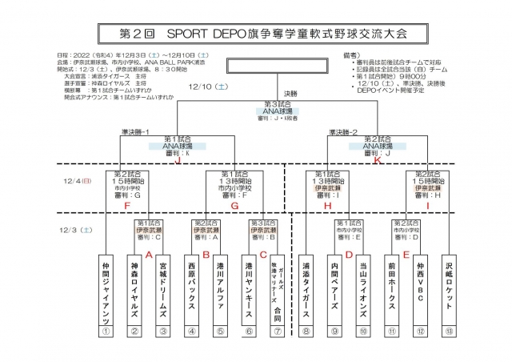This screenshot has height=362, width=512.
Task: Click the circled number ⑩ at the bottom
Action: [x=364, y=332]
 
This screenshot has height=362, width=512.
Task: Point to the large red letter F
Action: [x=126, y=206]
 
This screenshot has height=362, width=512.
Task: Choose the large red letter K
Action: [x=377, y=160]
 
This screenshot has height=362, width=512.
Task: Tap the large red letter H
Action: [x=327, y=206]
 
